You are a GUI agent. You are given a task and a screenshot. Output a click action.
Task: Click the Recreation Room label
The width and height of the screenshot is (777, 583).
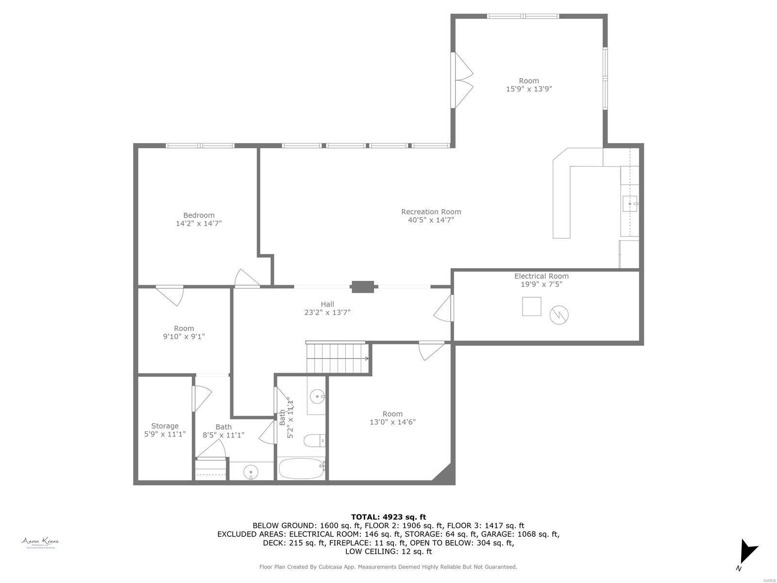431,212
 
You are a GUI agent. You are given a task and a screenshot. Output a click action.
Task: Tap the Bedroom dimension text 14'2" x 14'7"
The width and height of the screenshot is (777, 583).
199,223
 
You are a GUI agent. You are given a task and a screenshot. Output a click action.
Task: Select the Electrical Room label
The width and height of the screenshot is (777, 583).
541,276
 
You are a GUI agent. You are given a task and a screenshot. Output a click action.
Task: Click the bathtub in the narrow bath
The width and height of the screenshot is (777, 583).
301,468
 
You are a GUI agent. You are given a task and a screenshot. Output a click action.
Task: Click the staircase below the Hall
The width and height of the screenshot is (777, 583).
337,359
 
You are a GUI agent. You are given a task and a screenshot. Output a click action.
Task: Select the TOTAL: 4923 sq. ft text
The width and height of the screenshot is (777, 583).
388,517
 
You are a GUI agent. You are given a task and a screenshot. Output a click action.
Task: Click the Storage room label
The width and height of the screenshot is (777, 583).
165,426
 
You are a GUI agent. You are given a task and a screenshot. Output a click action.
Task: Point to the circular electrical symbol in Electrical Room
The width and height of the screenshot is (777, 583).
559,315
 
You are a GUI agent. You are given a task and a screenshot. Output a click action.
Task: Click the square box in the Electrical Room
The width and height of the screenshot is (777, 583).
531,306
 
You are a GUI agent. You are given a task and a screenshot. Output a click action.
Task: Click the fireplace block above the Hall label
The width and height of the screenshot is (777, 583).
363,287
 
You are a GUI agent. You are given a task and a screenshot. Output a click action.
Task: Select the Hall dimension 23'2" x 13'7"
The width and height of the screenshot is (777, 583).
327,312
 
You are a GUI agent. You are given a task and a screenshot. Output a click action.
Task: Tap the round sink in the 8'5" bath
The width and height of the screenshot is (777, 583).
251,471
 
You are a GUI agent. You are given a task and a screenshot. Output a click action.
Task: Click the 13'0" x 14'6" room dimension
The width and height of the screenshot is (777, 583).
392,422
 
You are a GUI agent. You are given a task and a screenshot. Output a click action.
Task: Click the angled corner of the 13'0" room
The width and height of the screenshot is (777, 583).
444,473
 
